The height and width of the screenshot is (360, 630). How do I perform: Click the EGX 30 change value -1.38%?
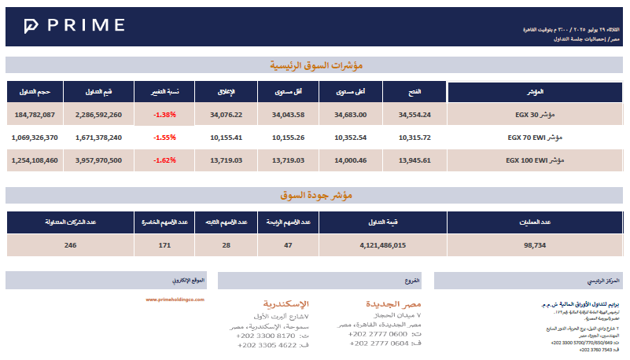164,115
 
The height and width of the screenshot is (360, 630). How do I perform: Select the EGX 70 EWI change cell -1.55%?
164,138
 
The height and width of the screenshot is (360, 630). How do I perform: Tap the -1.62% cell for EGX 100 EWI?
164,160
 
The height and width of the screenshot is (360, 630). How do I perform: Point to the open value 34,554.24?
414,115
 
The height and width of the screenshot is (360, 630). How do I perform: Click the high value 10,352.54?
351,138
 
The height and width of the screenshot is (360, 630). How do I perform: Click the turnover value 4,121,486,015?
382,245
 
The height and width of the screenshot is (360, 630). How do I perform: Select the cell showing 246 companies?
71,245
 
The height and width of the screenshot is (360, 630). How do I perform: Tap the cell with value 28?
226,245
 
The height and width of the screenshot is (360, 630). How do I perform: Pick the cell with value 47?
288,245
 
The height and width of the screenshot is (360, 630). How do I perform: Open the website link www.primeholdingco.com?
175,299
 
